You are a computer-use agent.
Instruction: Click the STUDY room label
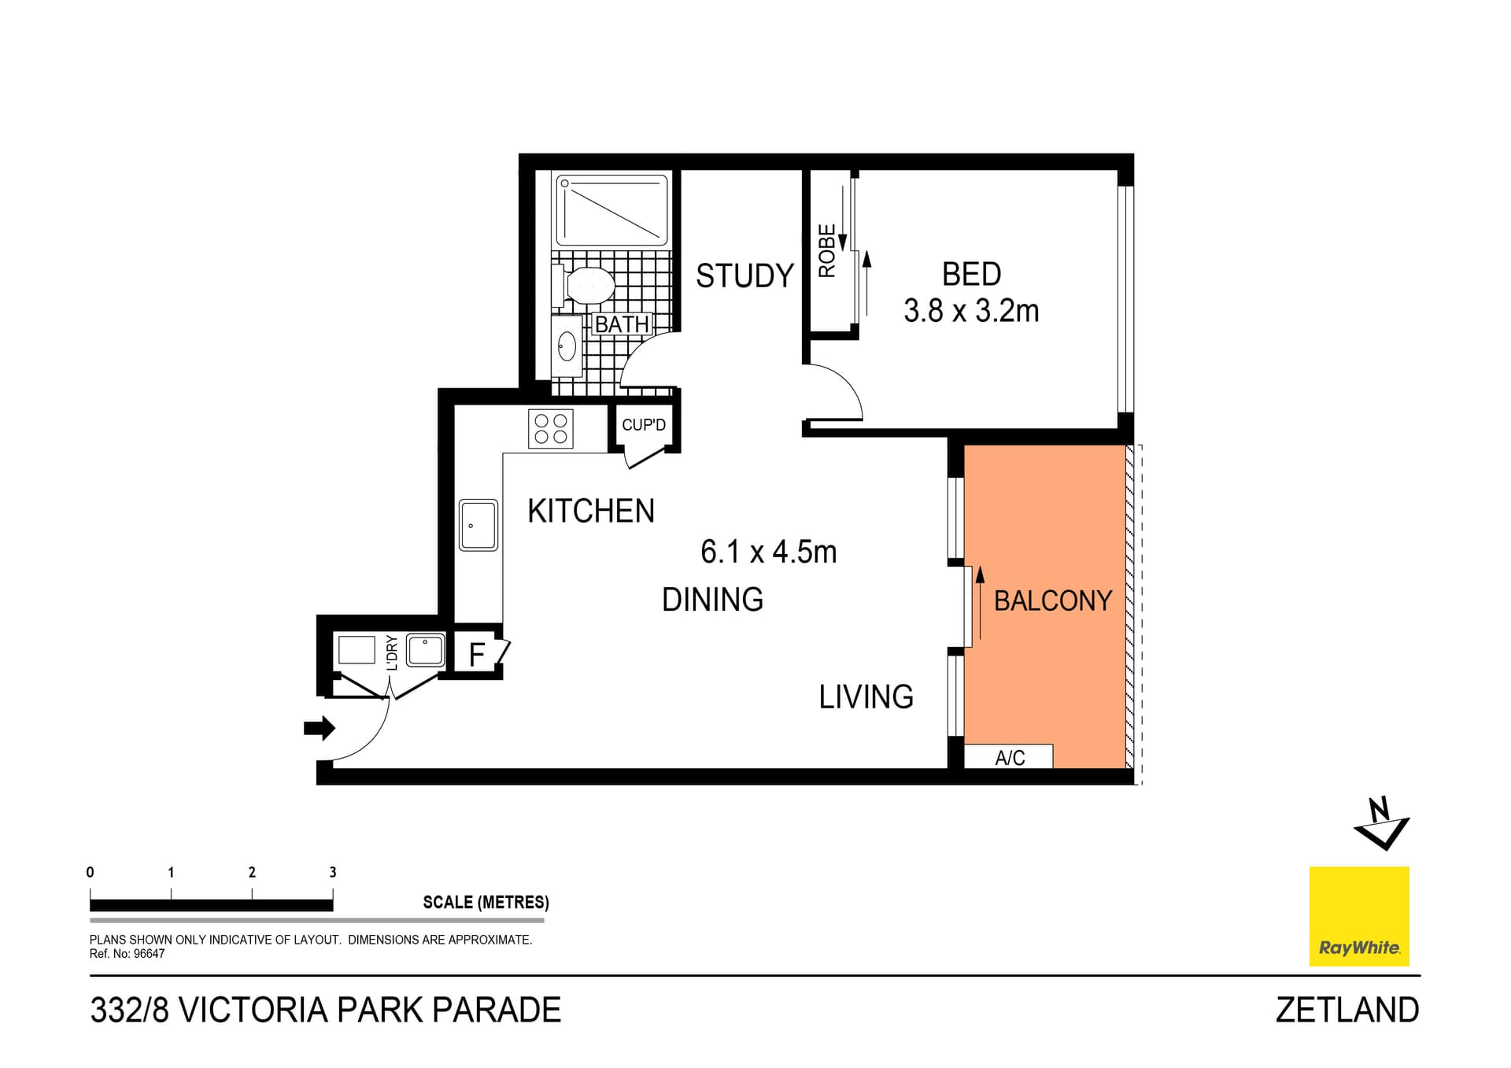(x=744, y=275)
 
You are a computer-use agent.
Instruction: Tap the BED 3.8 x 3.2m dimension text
(x=971, y=311)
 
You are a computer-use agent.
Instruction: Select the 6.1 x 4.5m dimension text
(x=768, y=552)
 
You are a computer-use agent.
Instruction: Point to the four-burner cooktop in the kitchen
(x=550, y=429)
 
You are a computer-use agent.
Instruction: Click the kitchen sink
(x=478, y=525)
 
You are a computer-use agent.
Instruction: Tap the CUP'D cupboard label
(x=643, y=425)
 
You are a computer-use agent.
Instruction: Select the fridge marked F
(x=476, y=654)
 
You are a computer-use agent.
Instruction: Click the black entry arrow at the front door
(x=319, y=728)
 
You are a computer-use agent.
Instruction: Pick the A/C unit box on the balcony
(x=1009, y=757)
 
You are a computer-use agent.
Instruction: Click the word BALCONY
(x=1052, y=601)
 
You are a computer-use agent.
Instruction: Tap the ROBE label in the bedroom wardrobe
(x=826, y=250)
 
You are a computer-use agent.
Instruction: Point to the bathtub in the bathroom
(x=612, y=210)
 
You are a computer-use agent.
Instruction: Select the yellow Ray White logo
(x=1359, y=916)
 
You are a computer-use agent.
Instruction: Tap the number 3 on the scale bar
(x=333, y=872)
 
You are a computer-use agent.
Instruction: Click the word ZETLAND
(x=1347, y=1010)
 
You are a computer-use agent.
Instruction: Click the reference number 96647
(x=149, y=954)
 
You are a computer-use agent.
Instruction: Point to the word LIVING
(x=866, y=697)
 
